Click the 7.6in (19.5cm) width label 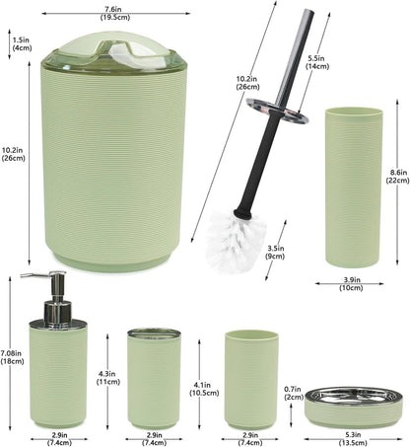point(115,14)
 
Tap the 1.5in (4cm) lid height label point(22,43)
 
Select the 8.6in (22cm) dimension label point(398,176)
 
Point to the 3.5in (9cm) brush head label point(276,253)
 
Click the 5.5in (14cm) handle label point(317,62)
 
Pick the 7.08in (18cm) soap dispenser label point(12,357)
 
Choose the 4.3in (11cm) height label point(108,378)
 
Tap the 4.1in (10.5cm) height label point(204,389)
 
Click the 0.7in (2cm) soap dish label point(294,393)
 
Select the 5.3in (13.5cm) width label point(353,439)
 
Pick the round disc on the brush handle point(278,111)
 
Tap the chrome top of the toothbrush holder point(154,334)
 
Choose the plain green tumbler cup point(251,380)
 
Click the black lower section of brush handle point(260,168)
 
